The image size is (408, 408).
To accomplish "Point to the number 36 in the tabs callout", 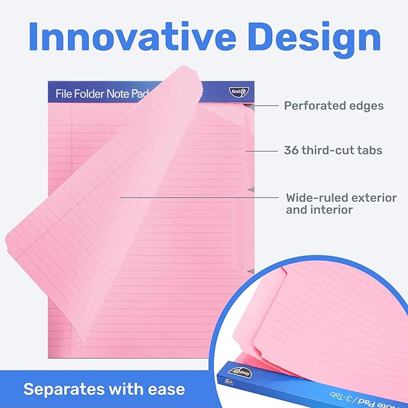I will click(292, 150).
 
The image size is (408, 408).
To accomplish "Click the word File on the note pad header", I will click(64, 94).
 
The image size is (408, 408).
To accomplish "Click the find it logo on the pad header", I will click(236, 91).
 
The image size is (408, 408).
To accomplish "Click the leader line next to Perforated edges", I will click(264, 106).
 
